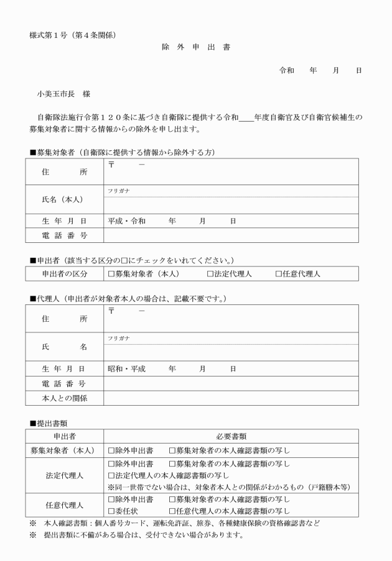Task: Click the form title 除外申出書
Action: pos(195,47)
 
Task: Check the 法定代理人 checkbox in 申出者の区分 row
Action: pos(210,274)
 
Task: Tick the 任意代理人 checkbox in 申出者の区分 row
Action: pos(279,274)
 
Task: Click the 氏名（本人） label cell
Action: pos(62,199)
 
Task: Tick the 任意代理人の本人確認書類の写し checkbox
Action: pos(172,511)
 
